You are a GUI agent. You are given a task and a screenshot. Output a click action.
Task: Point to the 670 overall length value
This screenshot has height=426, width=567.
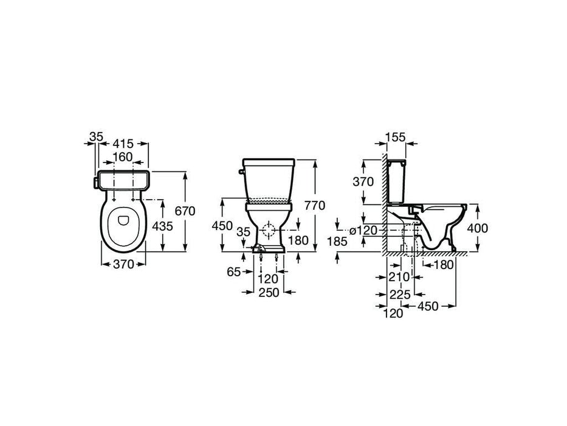pyautogui.click(x=184, y=211)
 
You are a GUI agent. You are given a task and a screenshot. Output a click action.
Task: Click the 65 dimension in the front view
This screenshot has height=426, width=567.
pyautogui.click(x=234, y=272)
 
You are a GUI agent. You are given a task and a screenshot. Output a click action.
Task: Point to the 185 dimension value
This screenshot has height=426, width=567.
pyautogui.click(x=337, y=242)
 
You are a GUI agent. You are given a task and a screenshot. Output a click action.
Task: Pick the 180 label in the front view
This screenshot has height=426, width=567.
pyautogui.click(x=298, y=240)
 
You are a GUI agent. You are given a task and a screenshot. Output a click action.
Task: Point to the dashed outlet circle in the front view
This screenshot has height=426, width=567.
pyautogui.click(x=268, y=230)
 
